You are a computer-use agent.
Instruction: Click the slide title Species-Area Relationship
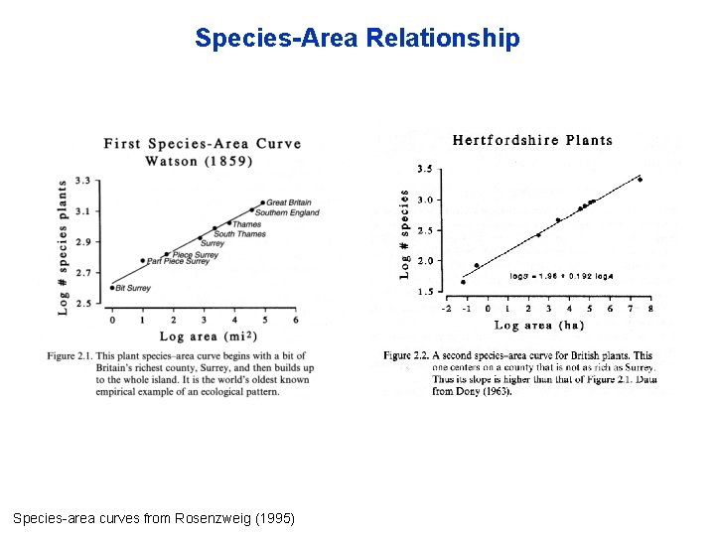[357, 38]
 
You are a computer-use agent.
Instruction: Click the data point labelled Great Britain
[262, 202]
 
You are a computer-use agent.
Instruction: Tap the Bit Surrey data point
[111, 288]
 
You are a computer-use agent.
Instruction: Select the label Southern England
[288, 212]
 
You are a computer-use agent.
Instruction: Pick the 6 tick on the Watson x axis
[296, 320]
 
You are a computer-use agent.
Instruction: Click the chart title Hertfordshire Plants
[532, 140]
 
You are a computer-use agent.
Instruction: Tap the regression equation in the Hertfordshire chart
[561, 276]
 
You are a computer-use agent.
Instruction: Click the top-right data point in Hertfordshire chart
[640, 180]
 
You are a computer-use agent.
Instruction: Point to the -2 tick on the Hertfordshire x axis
[447, 309]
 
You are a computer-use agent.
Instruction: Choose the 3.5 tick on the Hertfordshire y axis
[424, 169]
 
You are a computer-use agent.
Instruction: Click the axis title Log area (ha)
[538, 325]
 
